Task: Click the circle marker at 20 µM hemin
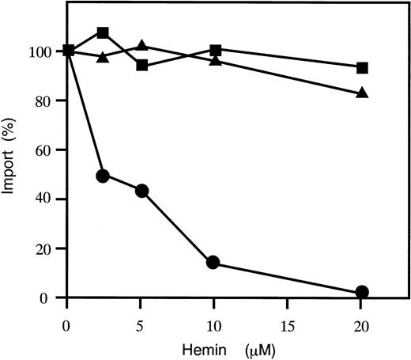(363, 292)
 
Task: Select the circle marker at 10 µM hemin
(213, 263)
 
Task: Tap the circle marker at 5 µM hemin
(142, 191)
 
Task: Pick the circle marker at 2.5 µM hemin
(103, 176)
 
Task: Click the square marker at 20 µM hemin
(363, 68)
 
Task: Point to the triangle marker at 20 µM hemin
(363, 93)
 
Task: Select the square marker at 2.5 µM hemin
(103, 33)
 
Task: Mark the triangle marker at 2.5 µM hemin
(103, 57)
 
